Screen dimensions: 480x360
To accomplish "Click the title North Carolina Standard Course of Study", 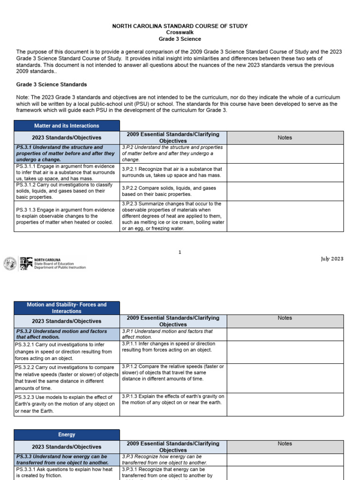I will (x=180, y=26).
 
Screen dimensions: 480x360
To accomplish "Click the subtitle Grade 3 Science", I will (x=180, y=39).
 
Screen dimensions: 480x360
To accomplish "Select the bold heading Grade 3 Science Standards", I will (x=52, y=84).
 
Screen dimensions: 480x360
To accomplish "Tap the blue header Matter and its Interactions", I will (x=67, y=126).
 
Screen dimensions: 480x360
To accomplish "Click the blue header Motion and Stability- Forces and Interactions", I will (x=67, y=308).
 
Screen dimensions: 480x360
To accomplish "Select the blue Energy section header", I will (x=67, y=435).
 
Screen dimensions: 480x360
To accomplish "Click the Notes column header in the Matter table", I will (x=285, y=137).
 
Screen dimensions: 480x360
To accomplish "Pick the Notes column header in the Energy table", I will (x=285, y=443).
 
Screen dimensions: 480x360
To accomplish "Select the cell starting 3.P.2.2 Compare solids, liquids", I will (x=173, y=191).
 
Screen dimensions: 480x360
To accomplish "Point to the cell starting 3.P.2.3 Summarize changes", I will (x=173, y=216).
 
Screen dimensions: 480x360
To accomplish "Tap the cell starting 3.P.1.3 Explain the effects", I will (x=173, y=399).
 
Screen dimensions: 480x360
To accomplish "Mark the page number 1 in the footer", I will (x=180, y=252).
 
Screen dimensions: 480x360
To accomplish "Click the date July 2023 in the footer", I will (x=332, y=259).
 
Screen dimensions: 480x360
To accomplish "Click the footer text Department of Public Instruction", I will (x=60, y=268).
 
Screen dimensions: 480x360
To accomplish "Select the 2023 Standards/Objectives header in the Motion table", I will (x=67, y=321).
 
